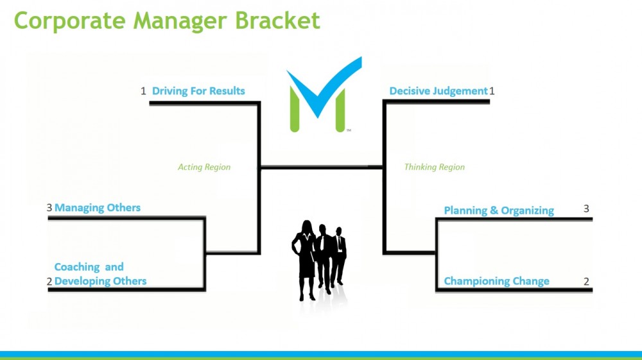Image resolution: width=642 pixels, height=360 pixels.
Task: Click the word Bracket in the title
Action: click(x=277, y=21)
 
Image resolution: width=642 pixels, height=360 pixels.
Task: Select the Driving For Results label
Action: click(x=198, y=91)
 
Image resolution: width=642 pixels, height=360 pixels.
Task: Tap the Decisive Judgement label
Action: click(x=438, y=91)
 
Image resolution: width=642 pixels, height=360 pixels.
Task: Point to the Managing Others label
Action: click(x=98, y=208)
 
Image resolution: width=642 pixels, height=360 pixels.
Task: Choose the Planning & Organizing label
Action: click(x=499, y=210)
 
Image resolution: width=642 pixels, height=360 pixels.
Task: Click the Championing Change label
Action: click(x=497, y=282)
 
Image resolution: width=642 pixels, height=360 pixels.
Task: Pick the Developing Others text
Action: click(x=100, y=282)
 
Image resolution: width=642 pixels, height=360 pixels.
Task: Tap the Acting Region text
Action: click(x=204, y=167)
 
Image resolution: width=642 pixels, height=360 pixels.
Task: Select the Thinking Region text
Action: click(x=435, y=167)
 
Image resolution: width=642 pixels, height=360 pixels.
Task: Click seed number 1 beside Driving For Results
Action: click(x=143, y=91)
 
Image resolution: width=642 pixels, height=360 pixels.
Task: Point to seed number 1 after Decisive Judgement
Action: click(x=492, y=91)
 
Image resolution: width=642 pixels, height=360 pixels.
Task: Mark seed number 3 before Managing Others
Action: click(x=49, y=208)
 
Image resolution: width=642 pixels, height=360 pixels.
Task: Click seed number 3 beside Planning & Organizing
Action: click(x=586, y=209)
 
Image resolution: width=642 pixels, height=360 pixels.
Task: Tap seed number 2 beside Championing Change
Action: click(x=586, y=282)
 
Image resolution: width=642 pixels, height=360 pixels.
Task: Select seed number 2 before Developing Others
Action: click(x=49, y=282)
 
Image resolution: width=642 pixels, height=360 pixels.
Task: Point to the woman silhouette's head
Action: click(x=307, y=227)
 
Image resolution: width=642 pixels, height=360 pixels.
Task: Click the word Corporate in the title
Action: click(x=69, y=21)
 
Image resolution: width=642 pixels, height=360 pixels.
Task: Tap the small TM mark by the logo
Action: click(x=349, y=130)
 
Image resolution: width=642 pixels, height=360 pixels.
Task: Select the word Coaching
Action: click(x=77, y=267)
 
